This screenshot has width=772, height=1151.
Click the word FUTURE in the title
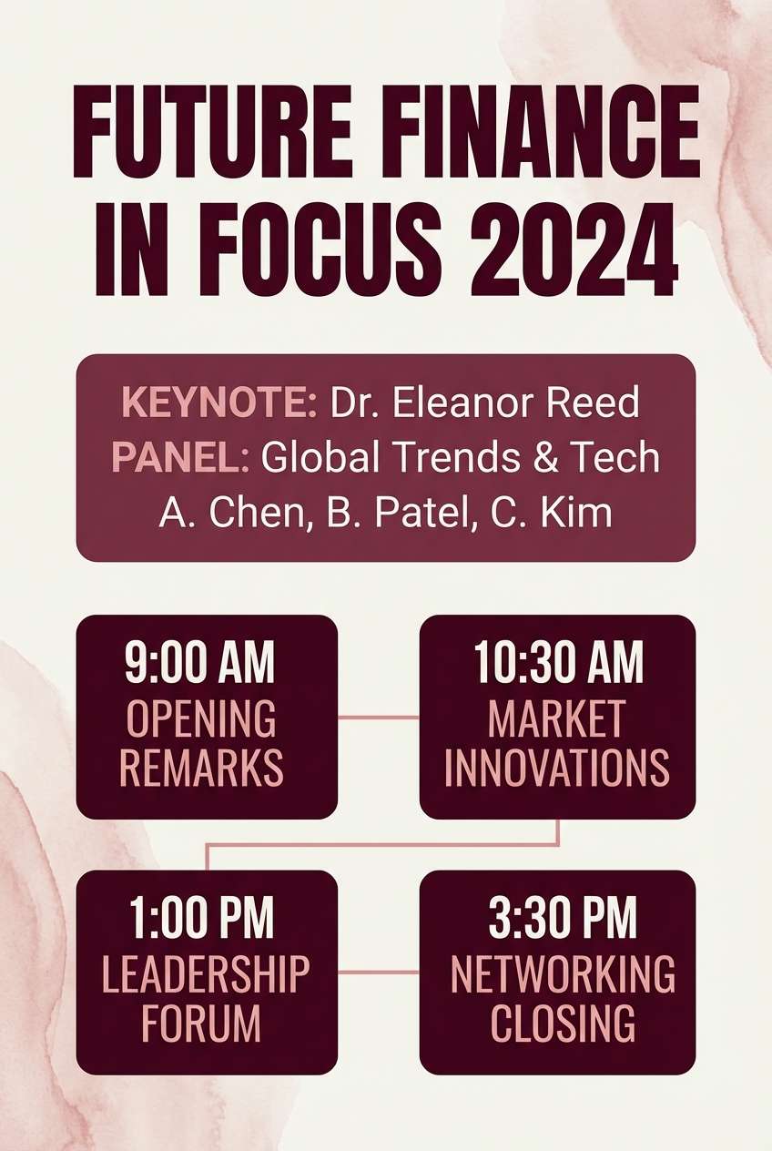click(207, 132)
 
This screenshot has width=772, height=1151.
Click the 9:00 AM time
click(199, 662)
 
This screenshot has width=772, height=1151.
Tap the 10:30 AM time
click(558, 662)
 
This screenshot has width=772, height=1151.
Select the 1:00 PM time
click(201, 918)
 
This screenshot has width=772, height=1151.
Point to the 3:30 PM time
click(563, 918)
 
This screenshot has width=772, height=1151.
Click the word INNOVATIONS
click(557, 766)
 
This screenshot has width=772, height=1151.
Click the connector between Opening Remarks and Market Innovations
click(379, 718)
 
